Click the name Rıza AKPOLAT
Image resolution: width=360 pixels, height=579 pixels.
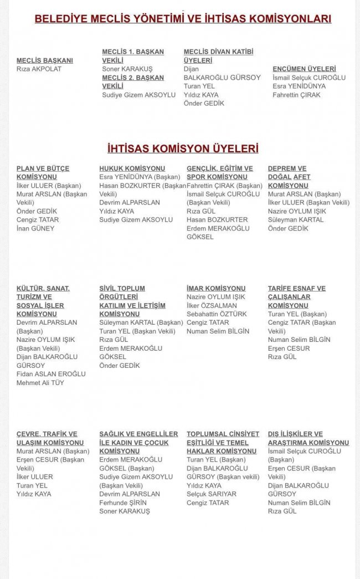click(39, 69)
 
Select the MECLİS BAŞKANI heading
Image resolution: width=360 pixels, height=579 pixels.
click(44, 60)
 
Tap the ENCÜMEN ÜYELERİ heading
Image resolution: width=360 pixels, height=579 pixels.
click(304, 69)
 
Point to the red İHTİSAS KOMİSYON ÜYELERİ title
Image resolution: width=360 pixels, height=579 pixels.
click(183, 148)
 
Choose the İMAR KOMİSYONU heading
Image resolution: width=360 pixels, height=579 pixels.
click(216, 289)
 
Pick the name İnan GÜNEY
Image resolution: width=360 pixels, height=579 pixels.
click(35, 228)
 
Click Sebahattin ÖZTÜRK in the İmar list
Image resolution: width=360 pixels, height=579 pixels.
click(217, 314)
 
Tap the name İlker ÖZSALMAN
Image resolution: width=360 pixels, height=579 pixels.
click(212, 306)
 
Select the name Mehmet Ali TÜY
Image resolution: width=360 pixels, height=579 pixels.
click(40, 383)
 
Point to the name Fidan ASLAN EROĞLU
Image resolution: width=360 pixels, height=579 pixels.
click(51, 374)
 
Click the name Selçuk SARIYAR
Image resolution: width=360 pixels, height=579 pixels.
click(212, 494)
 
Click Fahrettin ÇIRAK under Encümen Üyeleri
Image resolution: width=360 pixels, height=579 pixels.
click(296, 95)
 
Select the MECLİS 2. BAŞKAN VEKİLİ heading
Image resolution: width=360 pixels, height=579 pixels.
click(133, 82)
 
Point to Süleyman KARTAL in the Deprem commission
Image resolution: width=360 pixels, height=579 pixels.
click(296, 220)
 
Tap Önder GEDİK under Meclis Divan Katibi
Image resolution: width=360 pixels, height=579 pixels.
click(204, 104)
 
